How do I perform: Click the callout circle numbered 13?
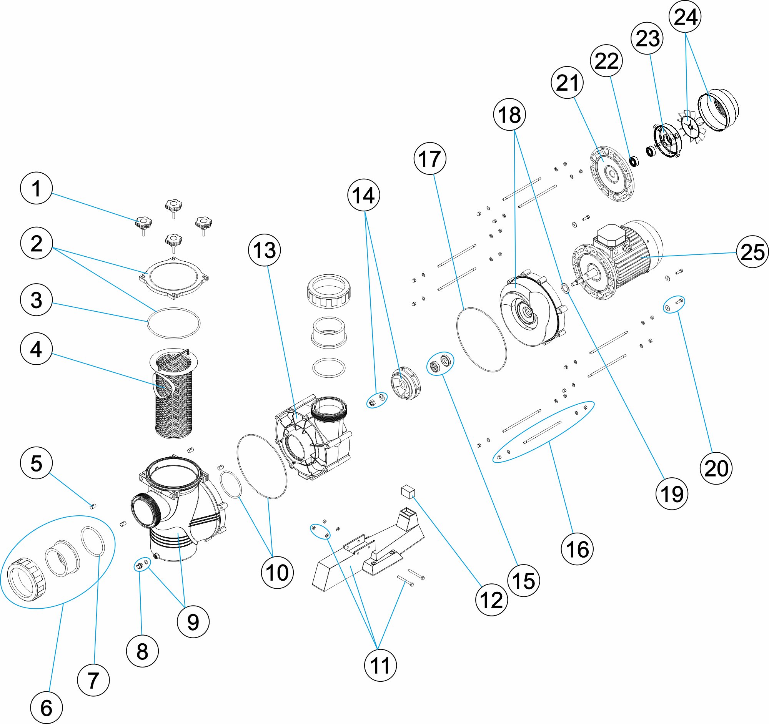click(264, 250)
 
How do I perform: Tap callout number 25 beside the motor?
click(752, 252)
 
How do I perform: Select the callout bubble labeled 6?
click(46, 708)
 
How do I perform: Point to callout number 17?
click(430, 158)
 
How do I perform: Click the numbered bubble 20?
click(716, 468)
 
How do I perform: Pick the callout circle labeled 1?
click(36, 188)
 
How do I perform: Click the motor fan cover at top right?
click(718, 110)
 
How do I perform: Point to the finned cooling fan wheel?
click(692, 126)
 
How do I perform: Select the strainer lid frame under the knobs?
click(174, 277)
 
